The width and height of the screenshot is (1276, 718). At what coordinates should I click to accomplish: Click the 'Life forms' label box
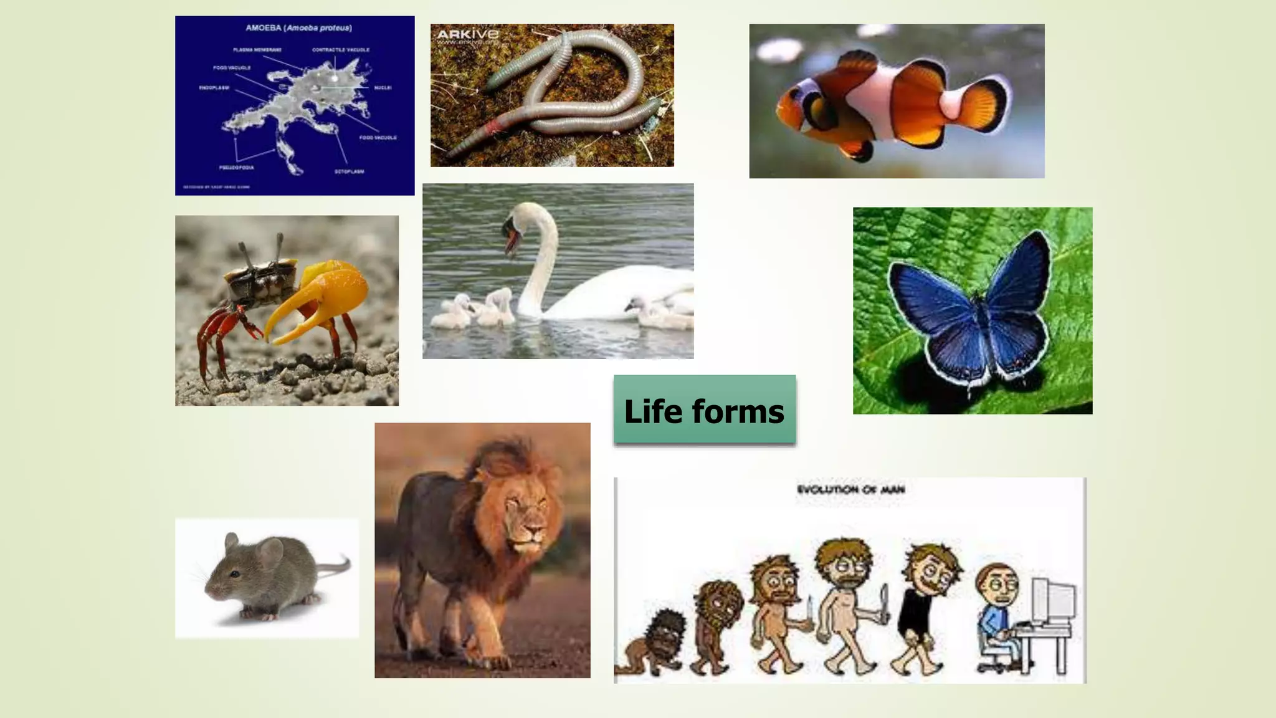pos(704,410)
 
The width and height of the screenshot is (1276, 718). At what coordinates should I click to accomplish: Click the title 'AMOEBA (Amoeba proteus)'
pos(298,28)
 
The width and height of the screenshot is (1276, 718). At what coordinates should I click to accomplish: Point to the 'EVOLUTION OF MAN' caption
pos(850,489)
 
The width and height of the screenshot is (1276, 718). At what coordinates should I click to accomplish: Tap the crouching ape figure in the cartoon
pos(654,642)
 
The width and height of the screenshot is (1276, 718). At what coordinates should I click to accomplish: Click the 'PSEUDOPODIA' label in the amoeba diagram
pos(236,168)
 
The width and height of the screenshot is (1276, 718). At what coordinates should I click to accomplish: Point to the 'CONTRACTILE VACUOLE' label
pos(340,50)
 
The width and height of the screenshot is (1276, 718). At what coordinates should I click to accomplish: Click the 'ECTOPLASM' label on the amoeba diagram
pos(349,171)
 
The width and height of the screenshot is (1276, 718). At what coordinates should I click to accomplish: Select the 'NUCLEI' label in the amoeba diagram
pos(382,88)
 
